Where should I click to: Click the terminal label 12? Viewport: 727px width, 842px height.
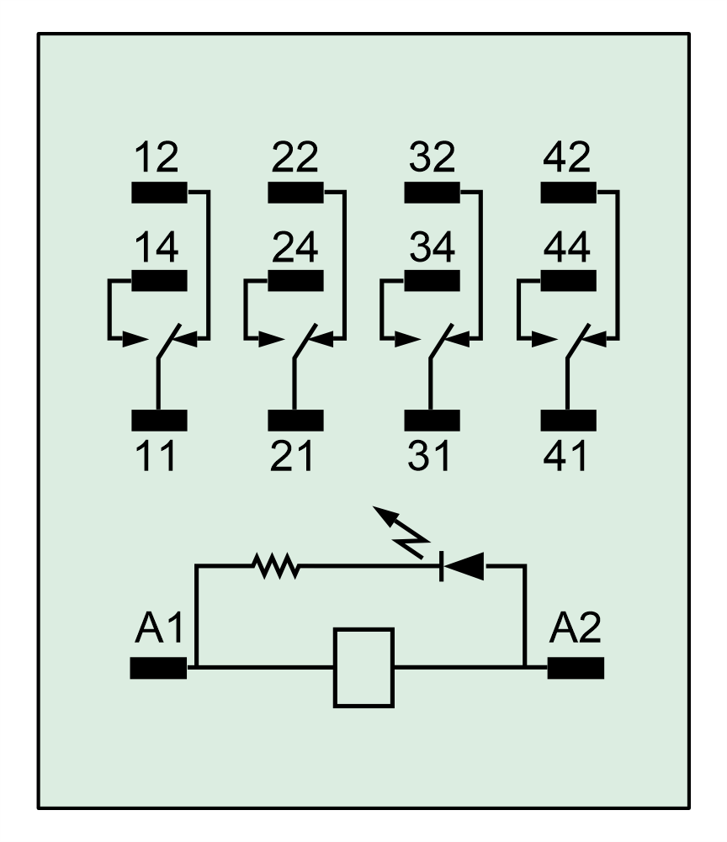click(x=156, y=156)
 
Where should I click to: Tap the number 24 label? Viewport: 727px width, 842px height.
click(x=295, y=247)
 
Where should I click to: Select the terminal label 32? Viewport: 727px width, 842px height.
click(x=432, y=156)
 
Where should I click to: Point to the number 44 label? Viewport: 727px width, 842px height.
click(x=567, y=247)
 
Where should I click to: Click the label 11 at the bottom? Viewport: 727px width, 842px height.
click(x=155, y=456)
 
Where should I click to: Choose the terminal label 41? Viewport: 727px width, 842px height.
click(x=565, y=456)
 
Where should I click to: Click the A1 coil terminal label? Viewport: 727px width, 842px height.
click(x=159, y=628)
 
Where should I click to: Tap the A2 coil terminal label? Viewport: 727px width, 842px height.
click(x=575, y=628)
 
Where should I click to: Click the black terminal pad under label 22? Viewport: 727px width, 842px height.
click(x=295, y=193)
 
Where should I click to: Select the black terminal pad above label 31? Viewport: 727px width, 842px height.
click(x=432, y=421)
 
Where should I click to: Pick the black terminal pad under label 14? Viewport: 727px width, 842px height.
click(x=160, y=280)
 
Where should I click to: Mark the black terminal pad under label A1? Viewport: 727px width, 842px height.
click(x=158, y=668)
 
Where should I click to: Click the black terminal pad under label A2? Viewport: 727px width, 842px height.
click(x=576, y=668)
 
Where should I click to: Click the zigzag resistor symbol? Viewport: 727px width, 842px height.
click(x=276, y=566)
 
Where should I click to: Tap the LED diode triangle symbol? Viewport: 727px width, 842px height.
click(x=462, y=566)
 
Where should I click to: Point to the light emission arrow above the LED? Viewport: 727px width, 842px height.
click(x=401, y=532)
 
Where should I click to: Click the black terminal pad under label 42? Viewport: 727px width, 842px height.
click(x=569, y=193)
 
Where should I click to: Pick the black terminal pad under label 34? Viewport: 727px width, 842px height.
click(x=432, y=280)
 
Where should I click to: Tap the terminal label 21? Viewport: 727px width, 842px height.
click(x=291, y=456)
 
